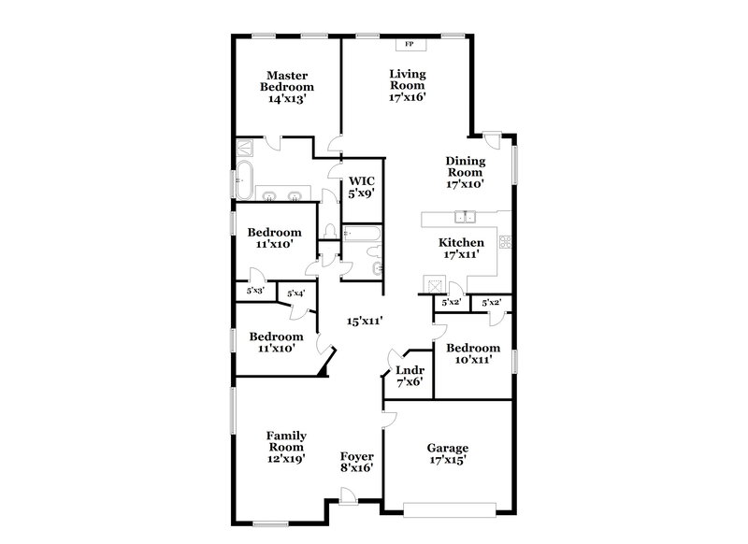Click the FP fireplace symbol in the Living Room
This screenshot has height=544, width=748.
coord(410,44)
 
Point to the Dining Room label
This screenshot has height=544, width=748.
coord(464,172)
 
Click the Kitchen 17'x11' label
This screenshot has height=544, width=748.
coord(462,248)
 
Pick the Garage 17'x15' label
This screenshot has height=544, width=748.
coord(447,454)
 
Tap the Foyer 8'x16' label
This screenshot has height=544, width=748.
coord(358,461)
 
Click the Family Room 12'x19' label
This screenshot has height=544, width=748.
coord(287,448)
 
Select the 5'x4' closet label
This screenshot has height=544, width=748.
coord(296,293)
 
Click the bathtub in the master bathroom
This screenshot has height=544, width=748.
coord(244,178)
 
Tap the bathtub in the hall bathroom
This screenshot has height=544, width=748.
coord(361,234)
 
